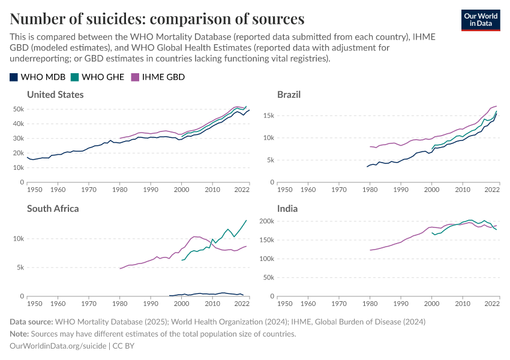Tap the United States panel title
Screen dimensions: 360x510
55,95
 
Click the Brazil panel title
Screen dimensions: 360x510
289,95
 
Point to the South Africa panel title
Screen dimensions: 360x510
53,209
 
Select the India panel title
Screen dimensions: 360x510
287,209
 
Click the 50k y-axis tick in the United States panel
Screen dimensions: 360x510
17,109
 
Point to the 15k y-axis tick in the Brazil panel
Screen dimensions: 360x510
268,116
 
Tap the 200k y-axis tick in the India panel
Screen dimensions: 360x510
266,221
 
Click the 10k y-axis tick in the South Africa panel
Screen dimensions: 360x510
17,239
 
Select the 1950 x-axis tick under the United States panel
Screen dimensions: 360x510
34,190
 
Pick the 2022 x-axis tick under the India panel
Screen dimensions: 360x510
492,304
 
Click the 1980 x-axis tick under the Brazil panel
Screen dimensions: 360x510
370,190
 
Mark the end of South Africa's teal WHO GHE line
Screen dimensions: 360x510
246,220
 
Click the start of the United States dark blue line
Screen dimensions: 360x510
28,157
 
